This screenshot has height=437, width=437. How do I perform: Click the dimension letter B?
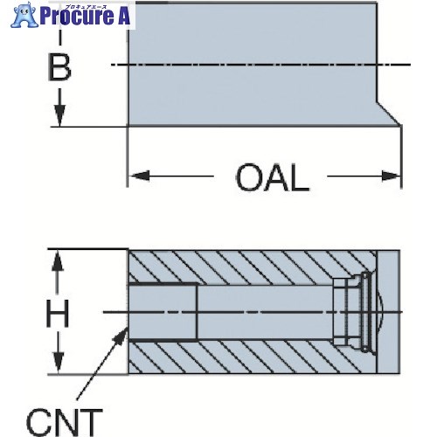click(x=59, y=67)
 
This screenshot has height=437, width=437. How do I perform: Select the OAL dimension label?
click(x=272, y=177)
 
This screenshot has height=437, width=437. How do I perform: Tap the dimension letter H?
click(x=58, y=313)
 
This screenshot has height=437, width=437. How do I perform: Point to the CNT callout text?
click(x=65, y=421)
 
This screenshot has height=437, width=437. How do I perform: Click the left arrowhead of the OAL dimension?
click(x=140, y=176)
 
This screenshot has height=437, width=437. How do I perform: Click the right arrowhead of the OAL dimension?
click(x=391, y=176)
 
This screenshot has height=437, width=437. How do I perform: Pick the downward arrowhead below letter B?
click(x=59, y=115)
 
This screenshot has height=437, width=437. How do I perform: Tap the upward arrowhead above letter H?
click(x=58, y=260)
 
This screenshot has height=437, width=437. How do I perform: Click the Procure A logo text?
click(x=85, y=17)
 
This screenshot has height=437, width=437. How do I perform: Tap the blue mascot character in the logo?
click(x=24, y=15)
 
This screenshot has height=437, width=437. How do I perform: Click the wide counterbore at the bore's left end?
click(x=163, y=312)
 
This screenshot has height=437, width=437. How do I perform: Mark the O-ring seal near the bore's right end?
click(x=364, y=312)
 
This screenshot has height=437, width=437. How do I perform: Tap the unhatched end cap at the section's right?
click(x=388, y=312)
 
